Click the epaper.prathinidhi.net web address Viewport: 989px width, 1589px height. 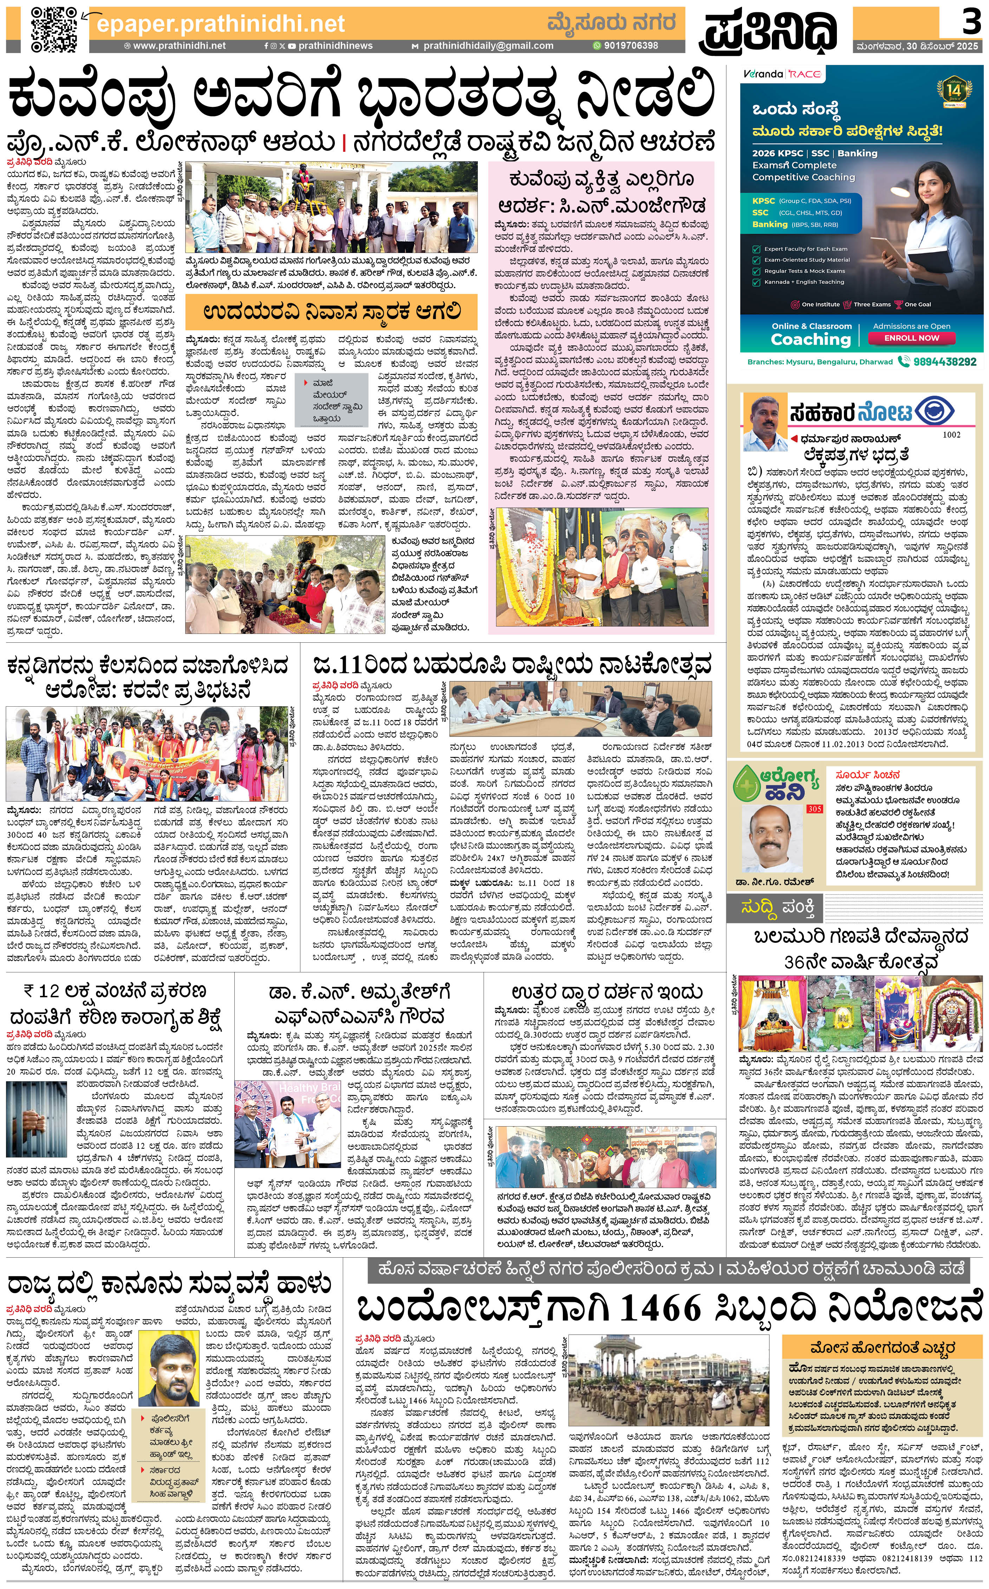tap(220, 24)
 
